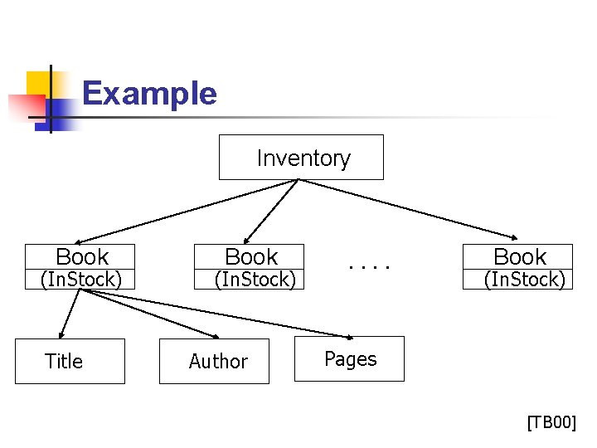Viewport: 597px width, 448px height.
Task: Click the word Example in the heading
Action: [x=149, y=93]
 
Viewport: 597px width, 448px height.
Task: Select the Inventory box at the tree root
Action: [x=301, y=158]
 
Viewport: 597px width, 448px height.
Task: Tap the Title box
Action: [x=70, y=361]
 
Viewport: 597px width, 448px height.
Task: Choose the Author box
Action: [x=214, y=361]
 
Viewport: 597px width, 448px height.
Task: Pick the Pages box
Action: [x=349, y=358]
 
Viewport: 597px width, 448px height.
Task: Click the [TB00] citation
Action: [x=551, y=423]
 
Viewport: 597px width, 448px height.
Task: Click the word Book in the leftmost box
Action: [x=82, y=257]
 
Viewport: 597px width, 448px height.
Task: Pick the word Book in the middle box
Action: [x=251, y=257]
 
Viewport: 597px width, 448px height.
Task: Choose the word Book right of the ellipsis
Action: [x=520, y=257]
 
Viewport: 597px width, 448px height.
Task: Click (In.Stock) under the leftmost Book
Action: [x=81, y=280]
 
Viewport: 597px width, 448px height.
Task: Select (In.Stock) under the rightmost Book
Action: [x=524, y=280]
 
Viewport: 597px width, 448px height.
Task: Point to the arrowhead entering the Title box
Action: [x=61, y=335]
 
